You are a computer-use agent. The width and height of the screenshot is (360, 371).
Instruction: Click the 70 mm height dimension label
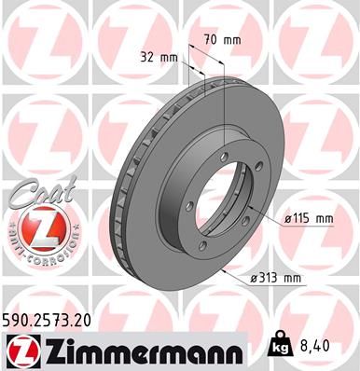click(x=222, y=40)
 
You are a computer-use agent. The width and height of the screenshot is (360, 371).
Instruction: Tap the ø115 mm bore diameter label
click(x=307, y=218)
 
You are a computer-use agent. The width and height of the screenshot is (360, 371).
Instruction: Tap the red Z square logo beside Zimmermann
click(x=20, y=350)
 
